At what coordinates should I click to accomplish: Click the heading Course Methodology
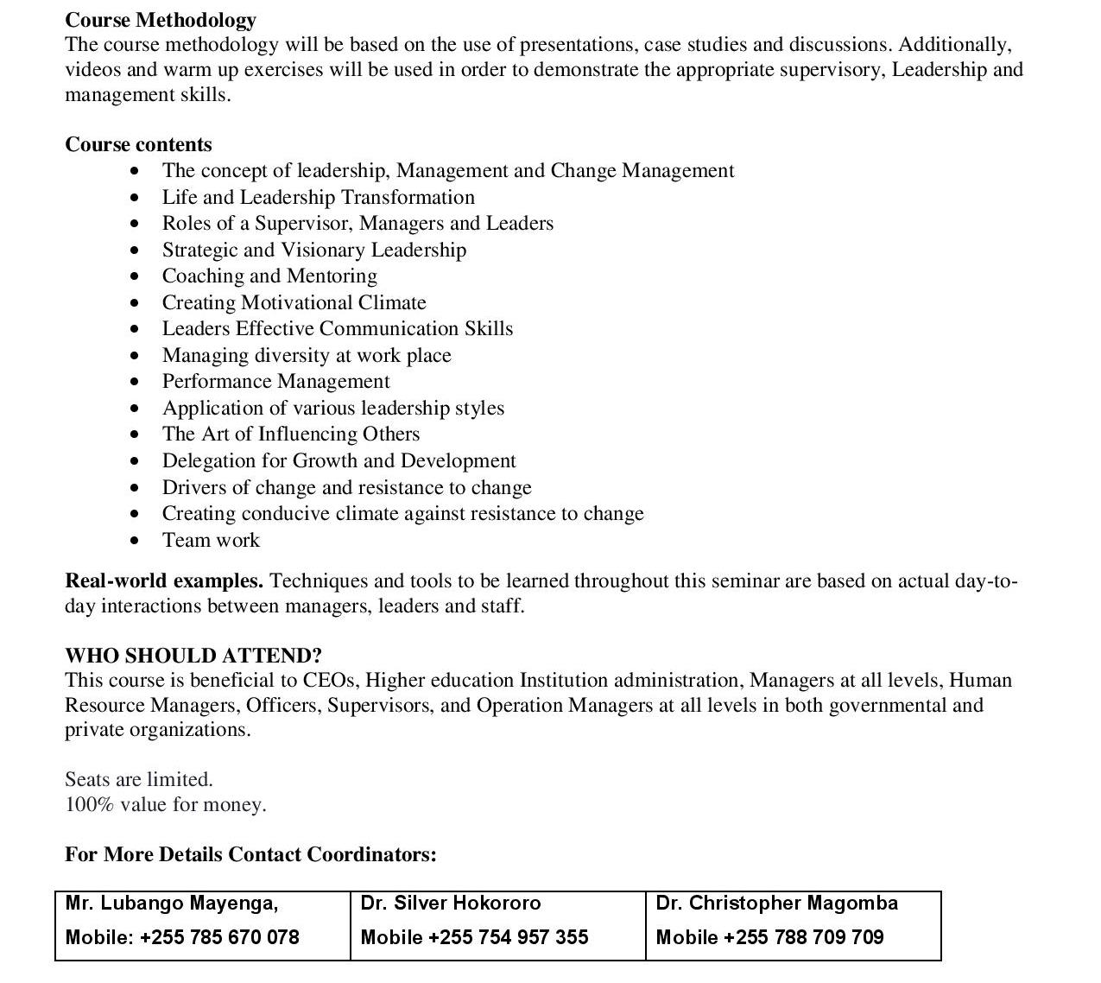(x=161, y=20)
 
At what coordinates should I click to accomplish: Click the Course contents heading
(x=138, y=144)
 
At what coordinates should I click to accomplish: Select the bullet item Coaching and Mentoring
(x=269, y=276)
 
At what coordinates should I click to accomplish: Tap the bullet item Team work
(x=211, y=541)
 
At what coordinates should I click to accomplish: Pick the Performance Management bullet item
(x=275, y=382)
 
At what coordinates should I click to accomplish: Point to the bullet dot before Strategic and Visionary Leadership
(x=134, y=251)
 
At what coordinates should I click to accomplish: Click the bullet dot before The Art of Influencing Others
(x=134, y=434)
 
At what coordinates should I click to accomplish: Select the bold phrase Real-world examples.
(x=164, y=581)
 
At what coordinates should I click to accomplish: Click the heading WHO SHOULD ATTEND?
(x=193, y=656)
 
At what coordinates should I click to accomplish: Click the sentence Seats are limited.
(x=139, y=780)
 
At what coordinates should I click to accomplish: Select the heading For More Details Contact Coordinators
(x=250, y=855)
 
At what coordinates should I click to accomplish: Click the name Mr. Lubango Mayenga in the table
(x=172, y=904)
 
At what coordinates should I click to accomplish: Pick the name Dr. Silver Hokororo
(x=451, y=904)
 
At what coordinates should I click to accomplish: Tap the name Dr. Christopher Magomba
(x=777, y=904)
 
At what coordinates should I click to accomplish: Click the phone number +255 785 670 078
(x=219, y=938)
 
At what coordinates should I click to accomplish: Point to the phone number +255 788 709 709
(x=803, y=938)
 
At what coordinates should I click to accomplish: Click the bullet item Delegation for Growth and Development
(x=339, y=461)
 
